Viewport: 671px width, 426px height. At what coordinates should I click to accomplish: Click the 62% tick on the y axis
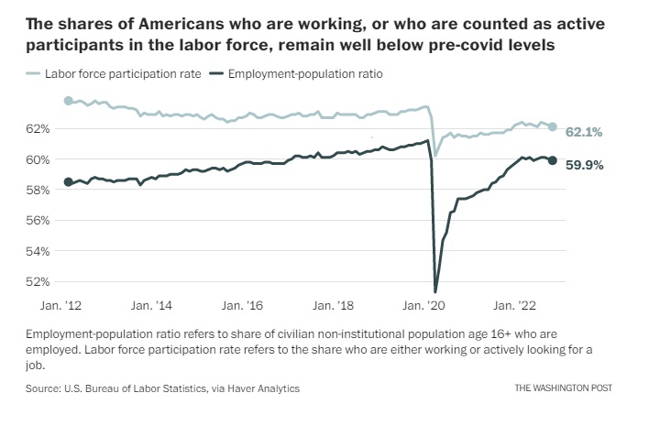39,129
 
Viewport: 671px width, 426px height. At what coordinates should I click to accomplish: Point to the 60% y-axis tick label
39,159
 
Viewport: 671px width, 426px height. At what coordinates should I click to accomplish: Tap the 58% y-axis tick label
39,190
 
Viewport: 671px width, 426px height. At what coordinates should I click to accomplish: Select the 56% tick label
39,220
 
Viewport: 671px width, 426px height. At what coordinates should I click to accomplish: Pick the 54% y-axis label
39,250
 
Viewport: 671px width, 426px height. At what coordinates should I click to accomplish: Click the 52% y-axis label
39,281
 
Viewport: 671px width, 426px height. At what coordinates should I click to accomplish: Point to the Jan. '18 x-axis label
335,306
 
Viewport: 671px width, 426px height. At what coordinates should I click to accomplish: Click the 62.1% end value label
584,133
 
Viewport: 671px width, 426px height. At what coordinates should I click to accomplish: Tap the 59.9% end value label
584,165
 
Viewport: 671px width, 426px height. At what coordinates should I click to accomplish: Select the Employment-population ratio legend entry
299,72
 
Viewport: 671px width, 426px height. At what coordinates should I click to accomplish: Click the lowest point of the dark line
435,290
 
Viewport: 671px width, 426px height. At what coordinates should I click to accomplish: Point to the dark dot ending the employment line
553,160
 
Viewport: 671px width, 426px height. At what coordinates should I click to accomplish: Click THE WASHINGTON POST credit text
562,388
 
